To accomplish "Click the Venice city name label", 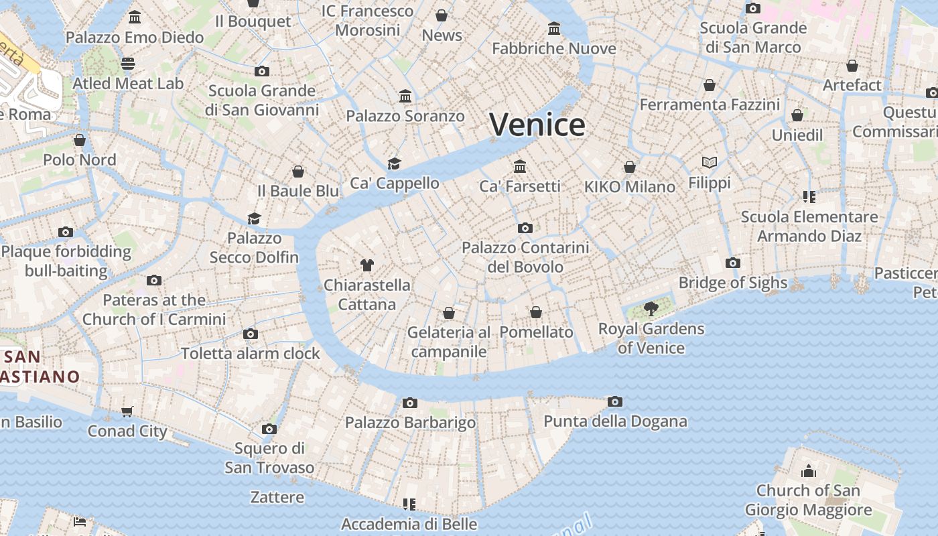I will (x=537, y=125).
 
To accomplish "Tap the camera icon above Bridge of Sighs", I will (x=733, y=263).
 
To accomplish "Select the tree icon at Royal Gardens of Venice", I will (x=651, y=309).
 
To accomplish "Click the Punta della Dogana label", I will (x=615, y=421).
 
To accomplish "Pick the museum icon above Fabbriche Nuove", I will (x=554, y=29).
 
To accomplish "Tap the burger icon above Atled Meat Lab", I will (x=128, y=64).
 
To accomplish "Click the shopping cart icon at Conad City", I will (x=127, y=411).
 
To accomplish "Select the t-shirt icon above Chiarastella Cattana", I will (x=366, y=265).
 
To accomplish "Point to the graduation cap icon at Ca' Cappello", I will (x=394, y=163).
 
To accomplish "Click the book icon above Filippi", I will (x=710, y=162).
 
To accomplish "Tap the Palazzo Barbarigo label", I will (x=410, y=423).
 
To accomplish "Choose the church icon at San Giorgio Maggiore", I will (x=809, y=471).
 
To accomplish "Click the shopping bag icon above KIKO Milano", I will (x=630, y=167).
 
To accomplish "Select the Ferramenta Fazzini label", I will (x=710, y=105).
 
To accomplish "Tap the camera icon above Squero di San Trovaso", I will (x=269, y=429).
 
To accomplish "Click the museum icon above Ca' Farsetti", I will (x=520, y=166).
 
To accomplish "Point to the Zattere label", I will (x=277, y=497).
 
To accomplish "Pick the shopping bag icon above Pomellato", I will (x=536, y=312).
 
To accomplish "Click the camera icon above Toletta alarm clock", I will (x=251, y=334).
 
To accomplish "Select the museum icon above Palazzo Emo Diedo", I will (x=135, y=17).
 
